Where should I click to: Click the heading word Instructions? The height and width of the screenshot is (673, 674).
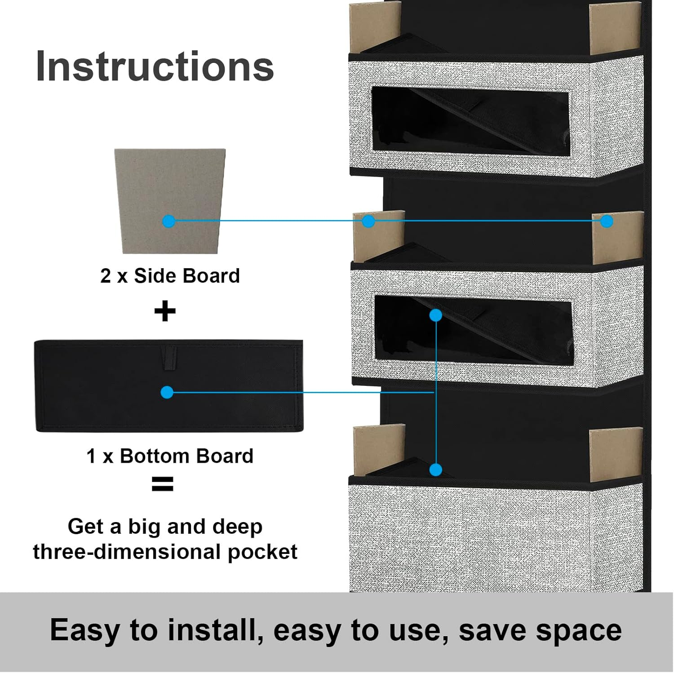tap(155, 66)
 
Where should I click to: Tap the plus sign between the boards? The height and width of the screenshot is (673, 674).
tap(165, 311)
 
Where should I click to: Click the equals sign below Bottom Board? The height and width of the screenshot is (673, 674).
tap(163, 484)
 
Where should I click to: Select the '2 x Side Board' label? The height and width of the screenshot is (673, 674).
tap(170, 276)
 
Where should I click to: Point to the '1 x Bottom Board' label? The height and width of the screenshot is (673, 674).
tap(170, 456)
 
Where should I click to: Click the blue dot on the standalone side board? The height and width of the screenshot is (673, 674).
tap(169, 221)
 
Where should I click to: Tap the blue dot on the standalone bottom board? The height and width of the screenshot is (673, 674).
tap(167, 392)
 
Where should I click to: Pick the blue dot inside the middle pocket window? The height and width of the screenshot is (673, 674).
tap(435, 315)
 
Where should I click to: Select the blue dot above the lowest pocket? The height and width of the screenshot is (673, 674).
tap(435, 470)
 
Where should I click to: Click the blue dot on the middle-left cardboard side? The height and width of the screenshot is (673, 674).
tap(368, 221)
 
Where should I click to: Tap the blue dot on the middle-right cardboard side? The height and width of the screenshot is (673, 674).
tap(607, 221)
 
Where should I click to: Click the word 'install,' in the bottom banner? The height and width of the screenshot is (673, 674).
tap(215, 630)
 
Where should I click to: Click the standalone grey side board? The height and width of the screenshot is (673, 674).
tap(170, 201)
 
